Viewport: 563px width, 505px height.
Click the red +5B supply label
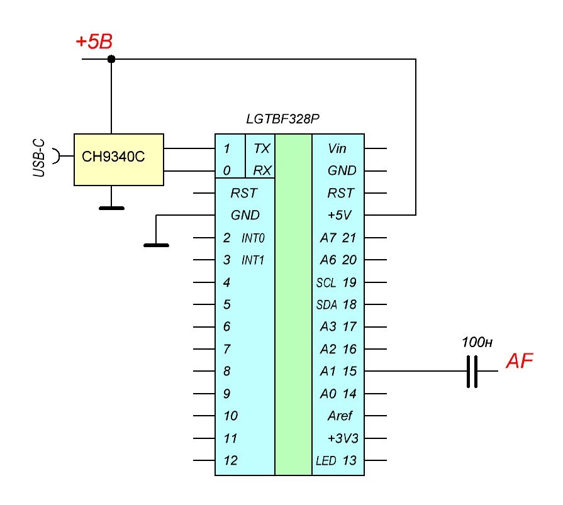(x=94, y=42)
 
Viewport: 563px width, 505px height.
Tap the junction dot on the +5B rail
(x=111, y=59)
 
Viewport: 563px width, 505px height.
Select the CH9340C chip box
(x=118, y=159)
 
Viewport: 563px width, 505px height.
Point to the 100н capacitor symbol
(x=472, y=372)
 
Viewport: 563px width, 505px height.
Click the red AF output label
(x=520, y=362)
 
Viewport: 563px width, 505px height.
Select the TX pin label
(x=261, y=148)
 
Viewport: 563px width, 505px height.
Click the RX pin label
(x=261, y=170)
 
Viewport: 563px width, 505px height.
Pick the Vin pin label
(x=337, y=148)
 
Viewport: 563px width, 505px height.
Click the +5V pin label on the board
(x=340, y=215)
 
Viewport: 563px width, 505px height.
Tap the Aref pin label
(x=340, y=416)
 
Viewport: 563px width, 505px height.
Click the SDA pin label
(x=326, y=305)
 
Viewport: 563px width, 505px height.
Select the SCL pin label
(x=326, y=282)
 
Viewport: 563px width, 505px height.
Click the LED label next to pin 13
(x=326, y=461)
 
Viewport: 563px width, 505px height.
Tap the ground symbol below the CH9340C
(x=111, y=207)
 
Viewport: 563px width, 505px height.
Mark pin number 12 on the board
(x=230, y=460)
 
